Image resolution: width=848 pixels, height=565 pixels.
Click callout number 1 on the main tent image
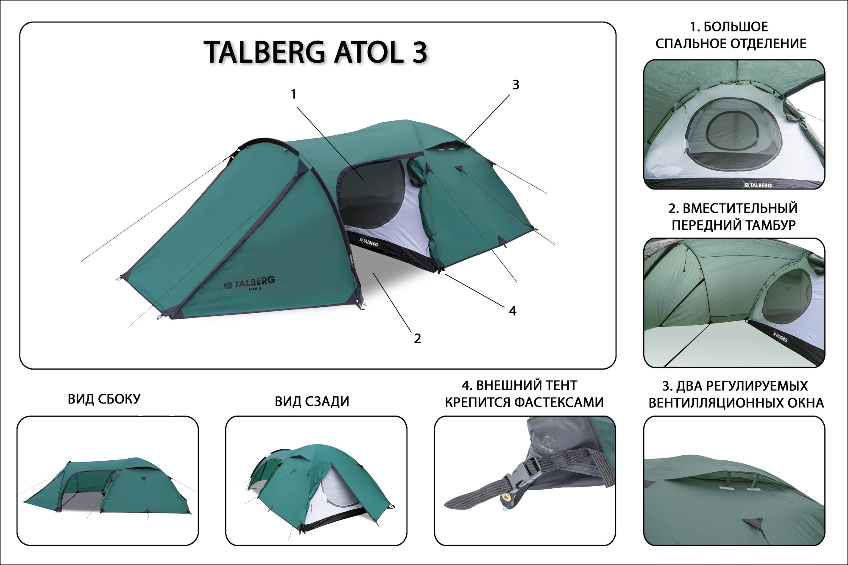click(x=294, y=94)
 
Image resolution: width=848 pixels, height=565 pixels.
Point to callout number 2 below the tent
click(x=417, y=338)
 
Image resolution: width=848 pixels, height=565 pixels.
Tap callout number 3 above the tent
click(x=516, y=85)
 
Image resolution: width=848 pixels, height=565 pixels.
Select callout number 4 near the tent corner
click(x=513, y=311)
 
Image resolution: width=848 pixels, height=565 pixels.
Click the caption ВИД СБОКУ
click(x=104, y=399)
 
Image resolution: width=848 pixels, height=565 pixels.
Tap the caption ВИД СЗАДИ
click(x=312, y=401)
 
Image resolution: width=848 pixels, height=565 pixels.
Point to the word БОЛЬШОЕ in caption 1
click(x=736, y=27)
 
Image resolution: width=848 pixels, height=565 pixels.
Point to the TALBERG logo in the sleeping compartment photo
click(x=757, y=185)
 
